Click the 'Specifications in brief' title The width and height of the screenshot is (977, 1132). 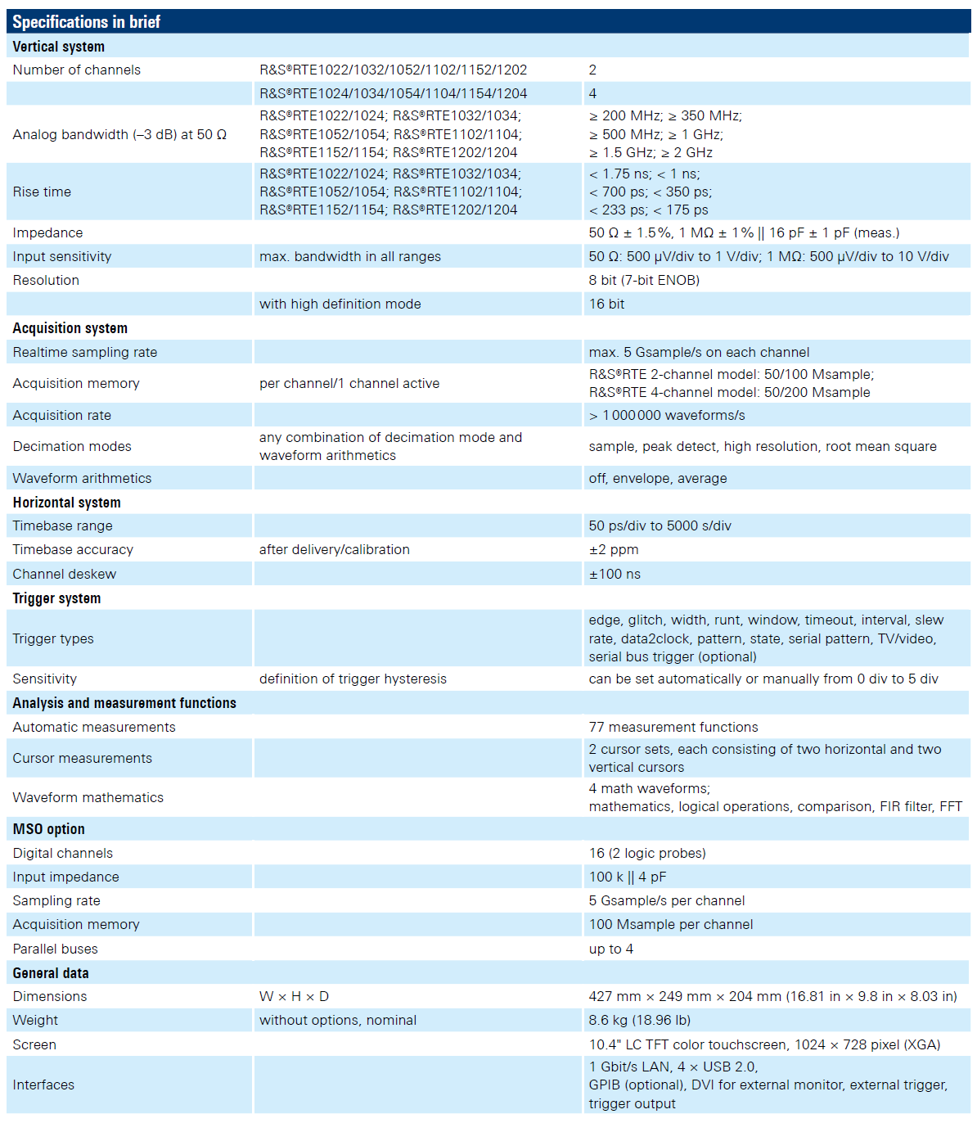[86, 22]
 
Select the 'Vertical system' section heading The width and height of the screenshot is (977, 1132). [59, 47]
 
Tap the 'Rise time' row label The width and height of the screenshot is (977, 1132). [42, 192]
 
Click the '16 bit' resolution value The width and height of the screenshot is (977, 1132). [606, 304]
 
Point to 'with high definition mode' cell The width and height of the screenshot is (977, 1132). [340, 304]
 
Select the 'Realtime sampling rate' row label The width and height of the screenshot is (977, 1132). [85, 352]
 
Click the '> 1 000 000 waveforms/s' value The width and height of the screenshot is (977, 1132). [667, 415]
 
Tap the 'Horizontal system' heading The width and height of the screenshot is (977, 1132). [66, 503]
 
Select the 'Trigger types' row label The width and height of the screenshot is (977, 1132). [53, 638]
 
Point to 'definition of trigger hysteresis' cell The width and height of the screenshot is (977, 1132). [353, 679]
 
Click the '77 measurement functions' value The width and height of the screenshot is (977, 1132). [673, 727]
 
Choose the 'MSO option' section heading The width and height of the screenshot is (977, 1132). [48, 829]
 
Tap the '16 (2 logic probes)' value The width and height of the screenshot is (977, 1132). [647, 853]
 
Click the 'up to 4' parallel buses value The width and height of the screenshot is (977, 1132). [611, 949]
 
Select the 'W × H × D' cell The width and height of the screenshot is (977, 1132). [294, 996]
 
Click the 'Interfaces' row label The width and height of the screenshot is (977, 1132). [43, 1085]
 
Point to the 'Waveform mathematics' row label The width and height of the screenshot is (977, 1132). [88, 797]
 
